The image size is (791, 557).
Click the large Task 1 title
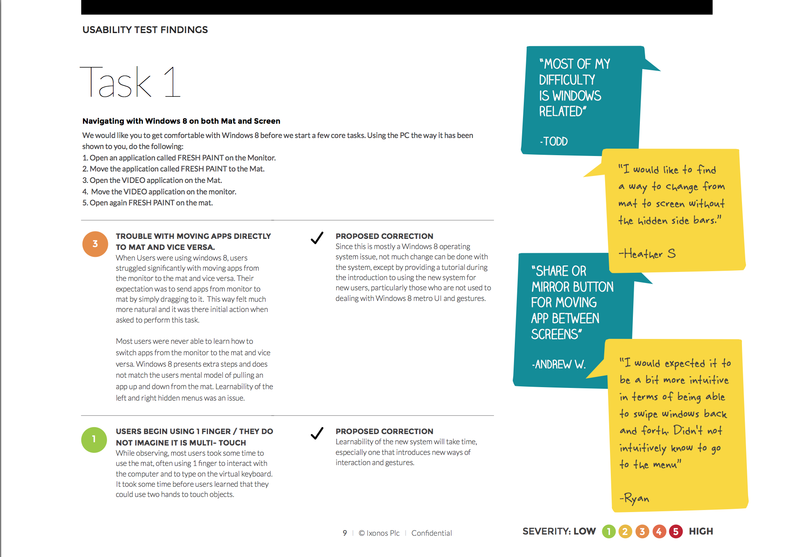(130, 82)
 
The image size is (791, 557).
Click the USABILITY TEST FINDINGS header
(145, 30)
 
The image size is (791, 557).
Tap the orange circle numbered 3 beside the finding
(95, 244)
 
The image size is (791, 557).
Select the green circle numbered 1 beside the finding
(94, 439)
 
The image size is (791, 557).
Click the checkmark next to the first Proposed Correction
(317, 238)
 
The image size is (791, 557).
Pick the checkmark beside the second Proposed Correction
(317, 433)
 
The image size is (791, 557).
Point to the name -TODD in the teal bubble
(554, 141)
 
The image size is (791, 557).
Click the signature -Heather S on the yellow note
(647, 254)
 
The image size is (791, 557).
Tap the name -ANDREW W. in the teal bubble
(559, 364)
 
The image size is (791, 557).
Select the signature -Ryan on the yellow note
(635, 498)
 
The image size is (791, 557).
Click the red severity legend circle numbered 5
(676, 531)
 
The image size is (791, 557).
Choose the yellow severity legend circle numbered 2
(625, 531)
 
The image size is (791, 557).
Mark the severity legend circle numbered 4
(659, 531)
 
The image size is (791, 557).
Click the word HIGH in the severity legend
(701, 531)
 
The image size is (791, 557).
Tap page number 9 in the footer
(345, 533)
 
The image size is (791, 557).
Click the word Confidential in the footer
(431, 533)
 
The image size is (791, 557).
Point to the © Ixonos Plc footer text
(379, 533)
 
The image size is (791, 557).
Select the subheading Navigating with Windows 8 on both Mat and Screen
(181, 121)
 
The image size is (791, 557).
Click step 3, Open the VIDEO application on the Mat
(152, 180)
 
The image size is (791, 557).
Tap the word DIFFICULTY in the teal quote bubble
(567, 80)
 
